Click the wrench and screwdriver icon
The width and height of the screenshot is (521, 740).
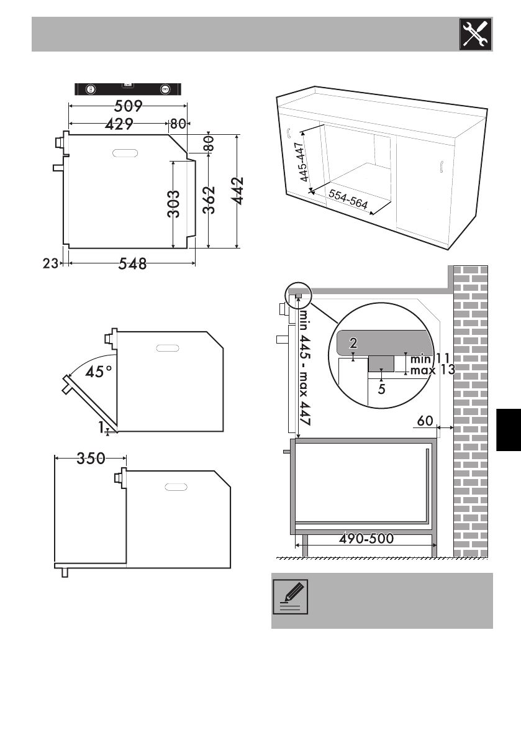tap(476, 34)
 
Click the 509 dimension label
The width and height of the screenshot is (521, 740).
tap(129, 106)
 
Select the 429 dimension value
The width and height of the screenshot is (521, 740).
tap(119, 124)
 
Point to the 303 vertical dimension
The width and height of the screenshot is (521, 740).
tap(173, 204)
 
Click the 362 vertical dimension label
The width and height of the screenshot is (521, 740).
tap(209, 200)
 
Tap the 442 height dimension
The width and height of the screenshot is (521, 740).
tap(238, 191)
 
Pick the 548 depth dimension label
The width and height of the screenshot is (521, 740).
tap(132, 263)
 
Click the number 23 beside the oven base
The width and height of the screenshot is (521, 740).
tap(50, 263)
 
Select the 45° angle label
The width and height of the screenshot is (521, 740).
tap(99, 372)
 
